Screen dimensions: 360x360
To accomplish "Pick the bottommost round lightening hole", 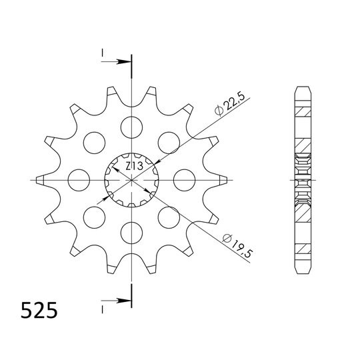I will pos(133,232).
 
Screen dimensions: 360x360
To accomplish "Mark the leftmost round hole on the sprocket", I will pos(79,179).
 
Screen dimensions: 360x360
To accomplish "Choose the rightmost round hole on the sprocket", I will pos(185,179).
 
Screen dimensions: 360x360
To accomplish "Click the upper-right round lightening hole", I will pos(169,141).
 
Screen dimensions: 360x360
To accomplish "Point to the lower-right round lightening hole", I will pos(169,217).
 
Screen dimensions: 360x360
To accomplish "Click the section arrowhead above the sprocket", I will pos(125,62).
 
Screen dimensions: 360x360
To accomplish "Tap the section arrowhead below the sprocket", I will pos(125,301).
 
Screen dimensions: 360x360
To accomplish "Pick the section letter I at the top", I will pos(103,53).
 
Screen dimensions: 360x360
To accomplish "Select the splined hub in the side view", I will pos(302,179).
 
